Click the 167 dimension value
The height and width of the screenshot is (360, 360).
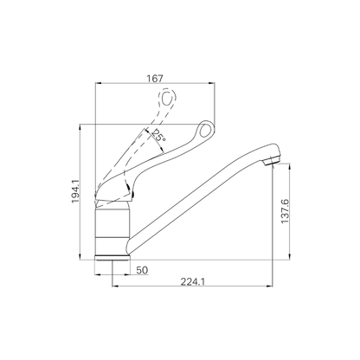[155, 78]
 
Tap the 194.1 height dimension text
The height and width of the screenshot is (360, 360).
[75, 191]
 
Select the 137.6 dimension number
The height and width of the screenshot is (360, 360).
[285, 211]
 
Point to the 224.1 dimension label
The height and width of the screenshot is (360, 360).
[193, 281]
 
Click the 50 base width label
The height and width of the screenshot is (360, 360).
[142, 270]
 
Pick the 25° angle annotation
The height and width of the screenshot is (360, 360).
[159, 135]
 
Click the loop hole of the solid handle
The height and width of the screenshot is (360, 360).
[205, 130]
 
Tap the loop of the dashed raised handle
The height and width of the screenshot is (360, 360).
[167, 98]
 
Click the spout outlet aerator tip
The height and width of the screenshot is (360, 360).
[271, 160]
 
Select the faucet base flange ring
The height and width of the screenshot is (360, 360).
[112, 258]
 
